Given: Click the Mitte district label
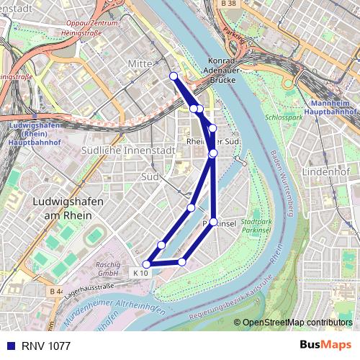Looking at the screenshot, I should pyautogui.click(x=140, y=64).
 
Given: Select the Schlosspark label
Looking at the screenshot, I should pyautogui.click(x=284, y=116).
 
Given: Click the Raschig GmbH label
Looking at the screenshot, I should pyautogui.click(x=107, y=269).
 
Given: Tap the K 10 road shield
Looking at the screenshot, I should pyautogui.click(x=141, y=273).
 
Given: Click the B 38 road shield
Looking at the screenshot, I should pyautogui.click(x=228, y=4).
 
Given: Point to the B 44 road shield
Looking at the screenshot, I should pyautogui.click(x=57, y=291).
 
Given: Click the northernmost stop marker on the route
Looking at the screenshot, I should pyautogui.click(x=174, y=76).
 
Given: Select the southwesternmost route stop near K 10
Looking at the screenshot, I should pyautogui.click(x=148, y=264).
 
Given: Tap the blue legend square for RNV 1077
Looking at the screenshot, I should pyautogui.click(x=8, y=346).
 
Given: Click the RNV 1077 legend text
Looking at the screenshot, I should pyautogui.click(x=45, y=346).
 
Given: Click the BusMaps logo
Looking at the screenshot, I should pyautogui.click(x=325, y=346).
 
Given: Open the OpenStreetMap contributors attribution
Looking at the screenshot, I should pyautogui.click(x=297, y=323).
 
